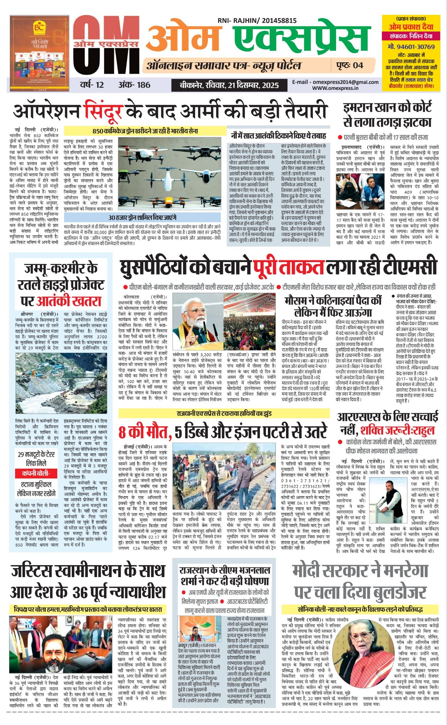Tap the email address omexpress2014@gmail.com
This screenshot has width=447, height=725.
(335, 82)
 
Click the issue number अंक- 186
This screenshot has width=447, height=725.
(134, 85)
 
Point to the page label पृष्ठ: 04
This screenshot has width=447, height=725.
(349, 66)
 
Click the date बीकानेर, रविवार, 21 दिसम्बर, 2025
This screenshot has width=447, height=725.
(229, 86)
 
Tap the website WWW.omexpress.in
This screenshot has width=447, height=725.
(335, 88)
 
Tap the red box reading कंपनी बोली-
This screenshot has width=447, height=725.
(36, 473)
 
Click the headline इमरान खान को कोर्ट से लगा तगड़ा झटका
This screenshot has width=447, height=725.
(387, 114)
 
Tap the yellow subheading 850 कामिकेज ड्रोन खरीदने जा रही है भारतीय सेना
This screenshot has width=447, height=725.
(145, 131)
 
